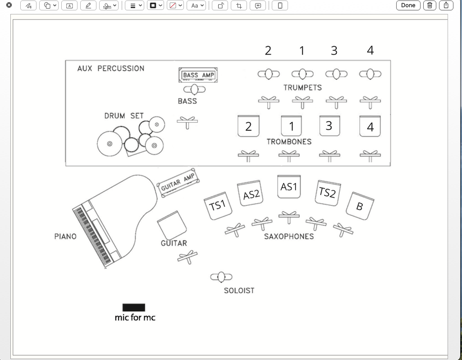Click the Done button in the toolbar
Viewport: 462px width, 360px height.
click(x=408, y=5)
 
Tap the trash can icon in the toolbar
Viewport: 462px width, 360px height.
click(x=430, y=5)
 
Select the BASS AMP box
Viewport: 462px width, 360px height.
click(x=198, y=75)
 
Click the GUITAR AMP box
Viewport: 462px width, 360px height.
click(x=178, y=182)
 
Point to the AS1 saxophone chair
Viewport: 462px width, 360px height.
click(x=289, y=187)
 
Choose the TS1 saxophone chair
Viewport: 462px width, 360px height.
click(x=218, y=206)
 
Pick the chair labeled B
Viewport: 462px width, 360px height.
click(x=360, y=206)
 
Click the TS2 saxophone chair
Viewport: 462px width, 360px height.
click(x=327, y=193)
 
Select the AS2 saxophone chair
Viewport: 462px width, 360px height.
click(x=251, y=193)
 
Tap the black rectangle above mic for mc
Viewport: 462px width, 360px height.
click(x=134, y=308)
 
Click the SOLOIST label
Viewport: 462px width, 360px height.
click(x=239, y=291)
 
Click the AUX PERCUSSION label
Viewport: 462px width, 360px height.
click(x=111, y=69)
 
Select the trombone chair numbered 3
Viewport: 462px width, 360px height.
click(x=329, y=126)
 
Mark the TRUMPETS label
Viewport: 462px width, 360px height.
click(x=302, y=87)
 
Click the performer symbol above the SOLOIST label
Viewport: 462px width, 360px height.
click(x=221, y=277)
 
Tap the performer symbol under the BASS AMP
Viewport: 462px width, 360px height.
click(x=194, y=89)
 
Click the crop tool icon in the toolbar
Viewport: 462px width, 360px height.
click(x=239, y=5)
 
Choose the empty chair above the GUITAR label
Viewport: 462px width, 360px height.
click(x=172, y=225)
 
